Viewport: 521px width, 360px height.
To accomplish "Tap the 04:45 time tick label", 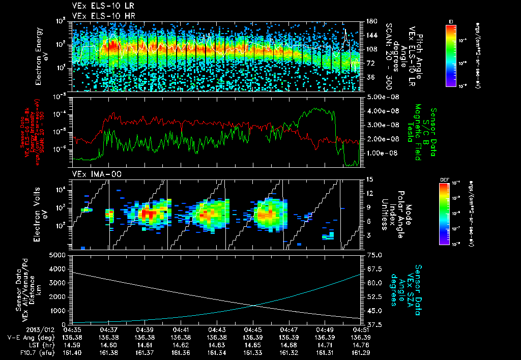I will [253, 329].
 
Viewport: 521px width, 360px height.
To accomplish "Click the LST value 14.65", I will [253, 344].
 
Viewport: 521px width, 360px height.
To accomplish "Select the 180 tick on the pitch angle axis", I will [370, 21].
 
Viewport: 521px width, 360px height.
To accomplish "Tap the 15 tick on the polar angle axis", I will [368, 179].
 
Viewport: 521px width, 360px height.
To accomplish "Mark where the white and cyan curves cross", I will [253, 305].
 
